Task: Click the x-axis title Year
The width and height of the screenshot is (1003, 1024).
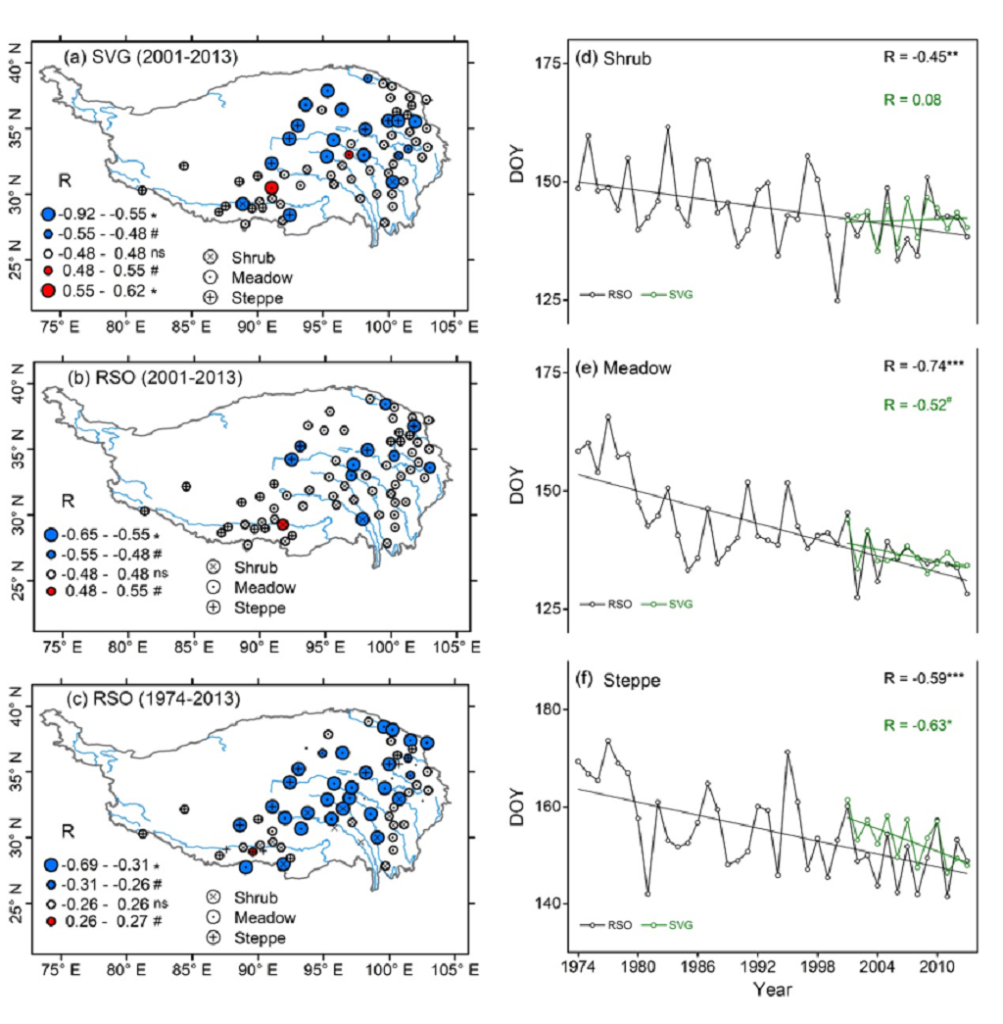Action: tap(773, 989)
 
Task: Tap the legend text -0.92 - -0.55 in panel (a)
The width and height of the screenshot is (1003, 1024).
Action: tap(89, 214)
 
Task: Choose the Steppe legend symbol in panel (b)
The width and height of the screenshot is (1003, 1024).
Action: tap(212, 608)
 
